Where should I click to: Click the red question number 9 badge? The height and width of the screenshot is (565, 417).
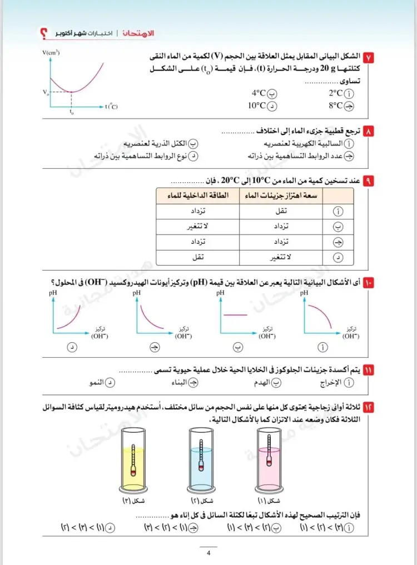(x=368, y=181)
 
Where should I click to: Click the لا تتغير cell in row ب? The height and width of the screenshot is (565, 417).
(x=198, y=227)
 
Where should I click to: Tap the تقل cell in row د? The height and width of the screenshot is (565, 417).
(x=198, y=257)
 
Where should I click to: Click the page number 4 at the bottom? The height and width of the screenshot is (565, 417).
(x=208, y=553)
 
